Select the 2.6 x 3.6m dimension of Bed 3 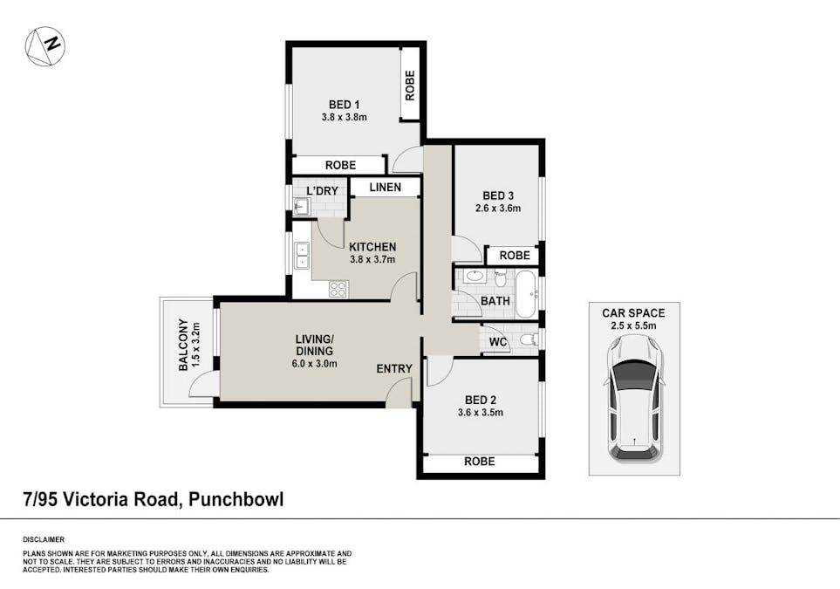coord(497,209)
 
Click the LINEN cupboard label coord(385,187)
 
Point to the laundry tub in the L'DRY coord(301,206)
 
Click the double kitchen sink coord(302,255)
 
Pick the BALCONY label coord(184,346)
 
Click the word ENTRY coord(394,369)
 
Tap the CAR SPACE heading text coord(633,313)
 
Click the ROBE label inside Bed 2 coord(479,462)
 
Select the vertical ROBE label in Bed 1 coord(409,85)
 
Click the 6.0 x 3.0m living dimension coord(315,364)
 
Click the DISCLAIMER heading coord(43,539)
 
